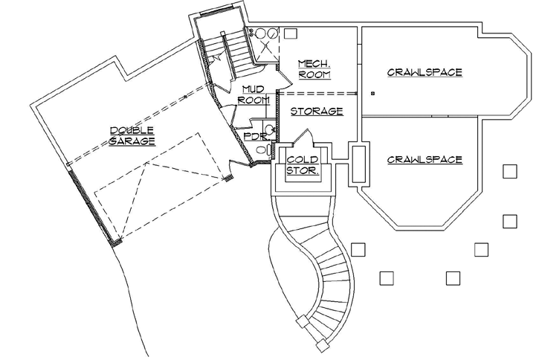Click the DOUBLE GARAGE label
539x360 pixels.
132,135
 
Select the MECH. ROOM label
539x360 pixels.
314,68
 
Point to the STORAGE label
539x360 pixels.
316,112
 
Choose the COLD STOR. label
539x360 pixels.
303,165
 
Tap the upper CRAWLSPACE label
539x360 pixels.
425,72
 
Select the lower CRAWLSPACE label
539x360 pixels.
425,159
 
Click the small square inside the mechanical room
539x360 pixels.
290,34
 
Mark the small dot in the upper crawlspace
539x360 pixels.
372,93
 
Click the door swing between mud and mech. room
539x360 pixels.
279,74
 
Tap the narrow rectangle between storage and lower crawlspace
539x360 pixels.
358,164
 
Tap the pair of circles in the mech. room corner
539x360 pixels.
265,33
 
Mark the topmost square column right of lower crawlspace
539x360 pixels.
509,172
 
